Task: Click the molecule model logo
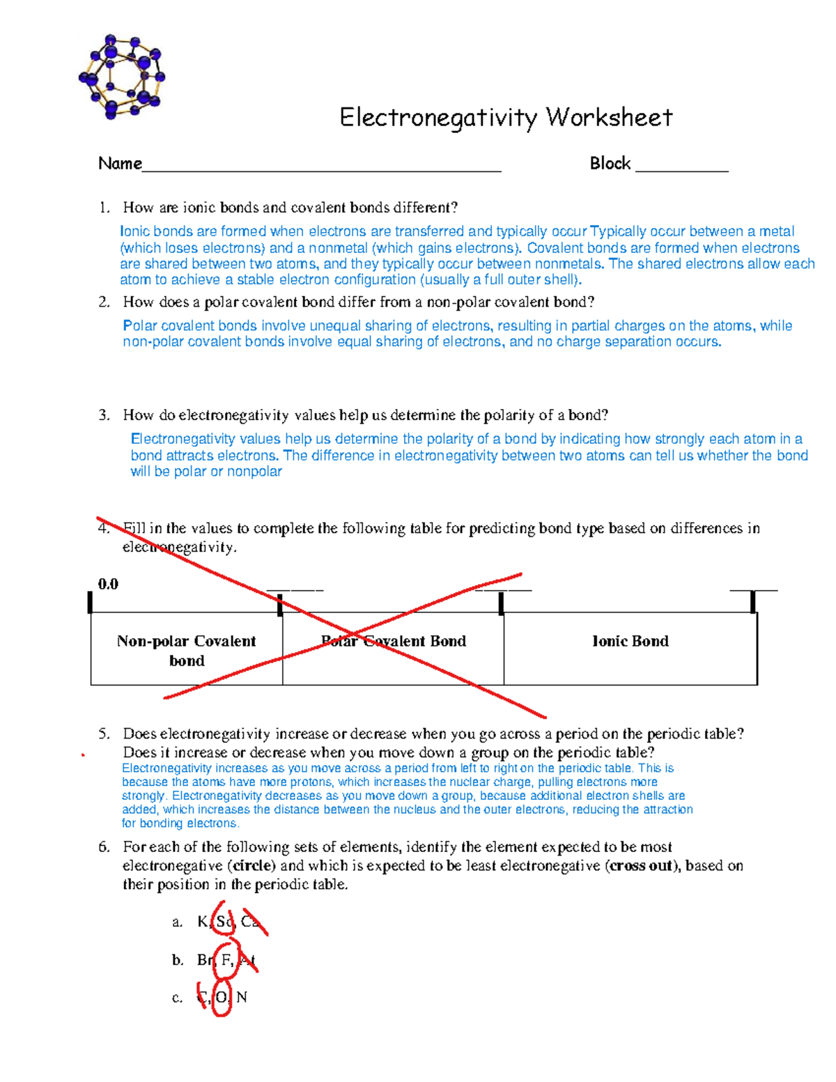[x=122, y=76]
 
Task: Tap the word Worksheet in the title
[x=609, y=117]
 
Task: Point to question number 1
[x=104, y=208]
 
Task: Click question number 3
[x=104, y=415]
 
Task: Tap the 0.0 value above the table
[x=108, y=584]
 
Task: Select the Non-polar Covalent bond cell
[x=186, y=650]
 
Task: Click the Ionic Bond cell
[x=630, y=641]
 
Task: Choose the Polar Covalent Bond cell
[x=393, y=641]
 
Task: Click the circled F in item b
[x=226, y=960]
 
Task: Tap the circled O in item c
[x=221, y=998]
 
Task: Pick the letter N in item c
[x=242, y=998]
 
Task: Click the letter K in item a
[x=202, y=922]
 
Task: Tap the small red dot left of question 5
[x=82, y=755]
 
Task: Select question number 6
[x=104, y=847]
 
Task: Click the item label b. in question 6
[x=178, y=960]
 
